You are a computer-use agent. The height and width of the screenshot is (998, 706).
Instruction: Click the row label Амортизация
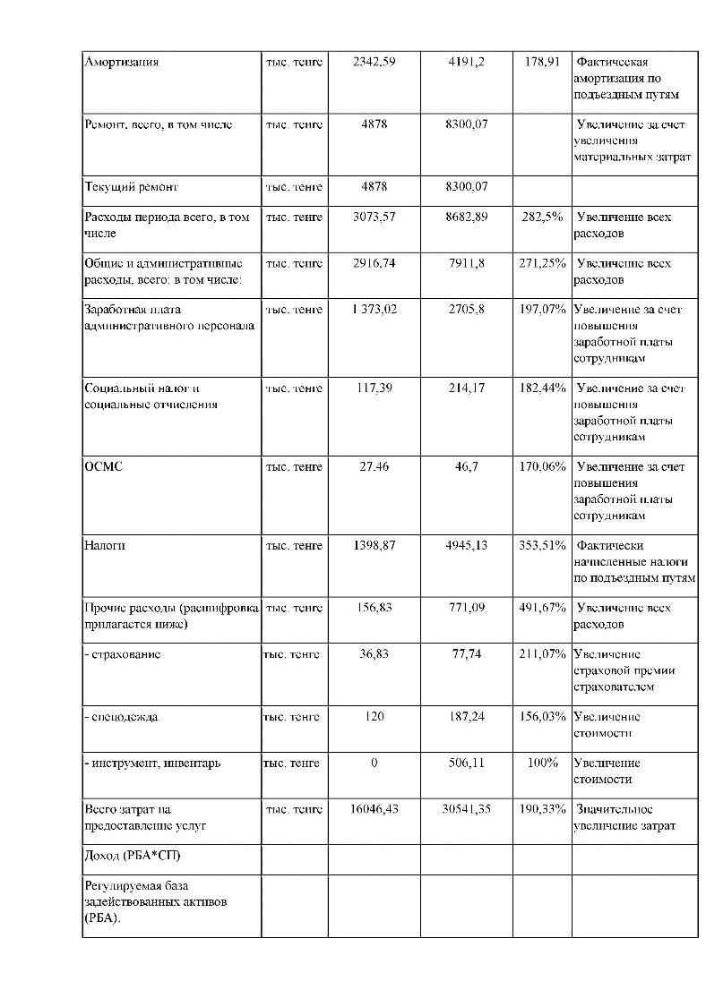121,63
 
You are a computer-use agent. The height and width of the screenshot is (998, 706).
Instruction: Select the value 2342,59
374,63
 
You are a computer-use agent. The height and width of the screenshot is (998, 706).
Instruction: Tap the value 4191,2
467,63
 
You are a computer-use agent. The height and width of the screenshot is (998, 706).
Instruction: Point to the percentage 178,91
542,63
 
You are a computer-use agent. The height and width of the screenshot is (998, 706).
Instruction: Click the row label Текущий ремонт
131,188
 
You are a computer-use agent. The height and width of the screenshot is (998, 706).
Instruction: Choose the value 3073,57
374,218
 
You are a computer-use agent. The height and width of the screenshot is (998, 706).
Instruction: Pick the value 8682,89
467,218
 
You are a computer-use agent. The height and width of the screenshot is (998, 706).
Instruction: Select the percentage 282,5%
542,218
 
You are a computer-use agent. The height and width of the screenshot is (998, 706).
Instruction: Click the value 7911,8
467,264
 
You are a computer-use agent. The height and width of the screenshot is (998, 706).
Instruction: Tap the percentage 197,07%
542,310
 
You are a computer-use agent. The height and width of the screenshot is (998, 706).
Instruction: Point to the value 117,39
374,388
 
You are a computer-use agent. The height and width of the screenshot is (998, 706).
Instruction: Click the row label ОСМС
103,467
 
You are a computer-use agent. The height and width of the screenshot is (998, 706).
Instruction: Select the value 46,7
467,467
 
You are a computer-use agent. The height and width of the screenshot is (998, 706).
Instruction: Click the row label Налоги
105,545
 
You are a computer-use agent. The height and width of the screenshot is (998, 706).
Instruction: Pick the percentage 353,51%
542,545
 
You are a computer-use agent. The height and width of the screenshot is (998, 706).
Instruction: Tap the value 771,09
467,608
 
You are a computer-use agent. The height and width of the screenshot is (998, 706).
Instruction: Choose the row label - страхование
123,654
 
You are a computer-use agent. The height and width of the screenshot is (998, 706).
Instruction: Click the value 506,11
467,763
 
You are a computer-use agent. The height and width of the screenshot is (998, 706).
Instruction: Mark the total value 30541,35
467,809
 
